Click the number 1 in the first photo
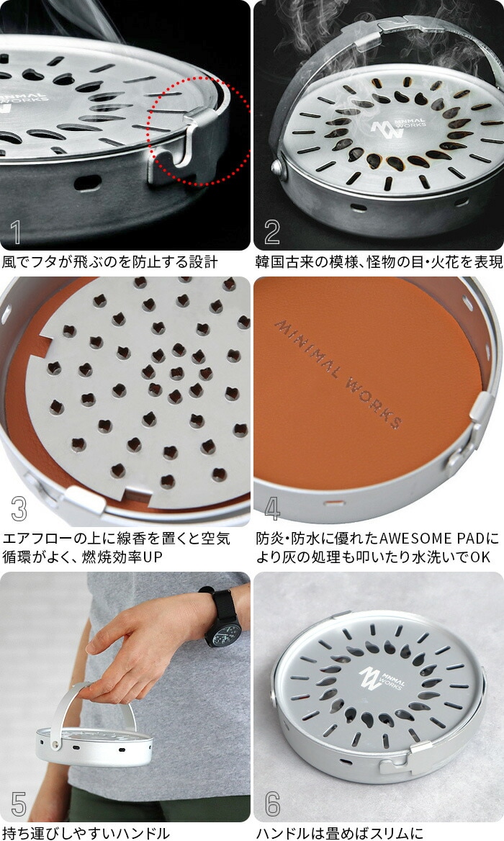(16, 232)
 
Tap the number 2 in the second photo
(272, 232)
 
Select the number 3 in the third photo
(19, 508)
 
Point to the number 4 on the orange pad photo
(272, 508)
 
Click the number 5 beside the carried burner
(19, 804)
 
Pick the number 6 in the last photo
(272, 804)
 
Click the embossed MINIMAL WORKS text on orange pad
(338, 373)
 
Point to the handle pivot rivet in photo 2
(278, 167)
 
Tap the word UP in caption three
(152, 557)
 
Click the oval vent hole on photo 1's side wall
(87, 183)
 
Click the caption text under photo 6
(339, 833)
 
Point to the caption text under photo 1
(110, 262)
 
